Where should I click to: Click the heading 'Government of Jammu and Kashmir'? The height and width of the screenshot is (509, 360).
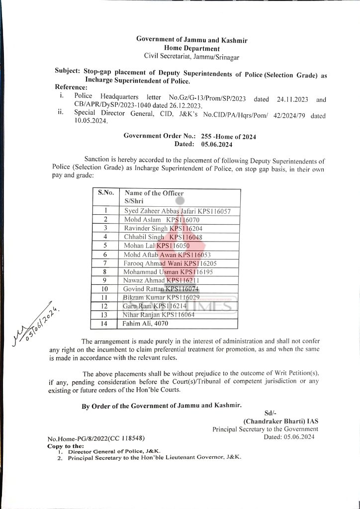point(191,40)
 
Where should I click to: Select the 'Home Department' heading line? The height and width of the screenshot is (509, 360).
point(191,48)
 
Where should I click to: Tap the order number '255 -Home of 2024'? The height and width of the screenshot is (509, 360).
point(229,136)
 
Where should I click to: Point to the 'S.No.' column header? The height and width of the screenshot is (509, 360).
point(106,193)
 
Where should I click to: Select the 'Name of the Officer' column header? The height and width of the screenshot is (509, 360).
point(154,193)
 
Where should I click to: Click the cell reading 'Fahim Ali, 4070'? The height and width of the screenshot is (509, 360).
point(146,324)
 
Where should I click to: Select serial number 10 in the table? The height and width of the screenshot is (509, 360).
point(105,289)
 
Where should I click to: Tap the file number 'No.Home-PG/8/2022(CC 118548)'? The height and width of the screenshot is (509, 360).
point(96,438)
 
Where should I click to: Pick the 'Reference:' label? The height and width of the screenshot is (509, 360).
point(71,87)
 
